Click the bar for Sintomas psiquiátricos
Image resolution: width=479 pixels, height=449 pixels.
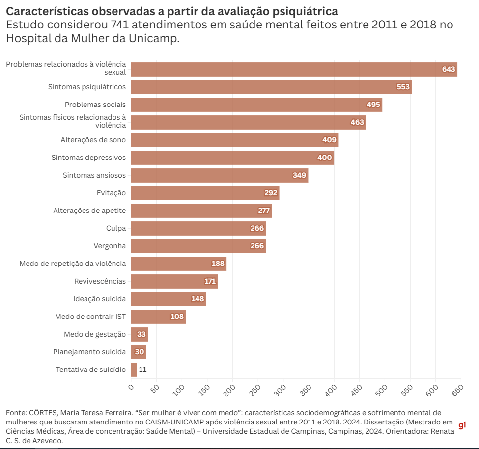click(271, 87)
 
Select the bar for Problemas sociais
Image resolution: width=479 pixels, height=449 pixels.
click(256, 105)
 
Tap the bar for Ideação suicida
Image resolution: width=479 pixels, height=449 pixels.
click(169, 299)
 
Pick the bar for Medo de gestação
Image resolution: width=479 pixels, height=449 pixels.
click(140, 334)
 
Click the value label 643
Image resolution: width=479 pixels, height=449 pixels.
click(449, 69)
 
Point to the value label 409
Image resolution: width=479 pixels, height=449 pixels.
click(329, 140)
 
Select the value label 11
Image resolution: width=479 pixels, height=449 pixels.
click(142, 370)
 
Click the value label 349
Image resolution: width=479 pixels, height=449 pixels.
click(299, 175)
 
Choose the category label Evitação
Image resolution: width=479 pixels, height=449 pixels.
click(112, 193)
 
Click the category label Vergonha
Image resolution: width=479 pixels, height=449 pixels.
click(110, 246)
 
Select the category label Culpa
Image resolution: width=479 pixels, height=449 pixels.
click(116, 228)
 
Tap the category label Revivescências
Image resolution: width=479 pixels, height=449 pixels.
click(100, 281)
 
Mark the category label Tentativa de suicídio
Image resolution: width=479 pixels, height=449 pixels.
click(90, 370)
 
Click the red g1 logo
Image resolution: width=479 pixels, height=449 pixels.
click(462, 425)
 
